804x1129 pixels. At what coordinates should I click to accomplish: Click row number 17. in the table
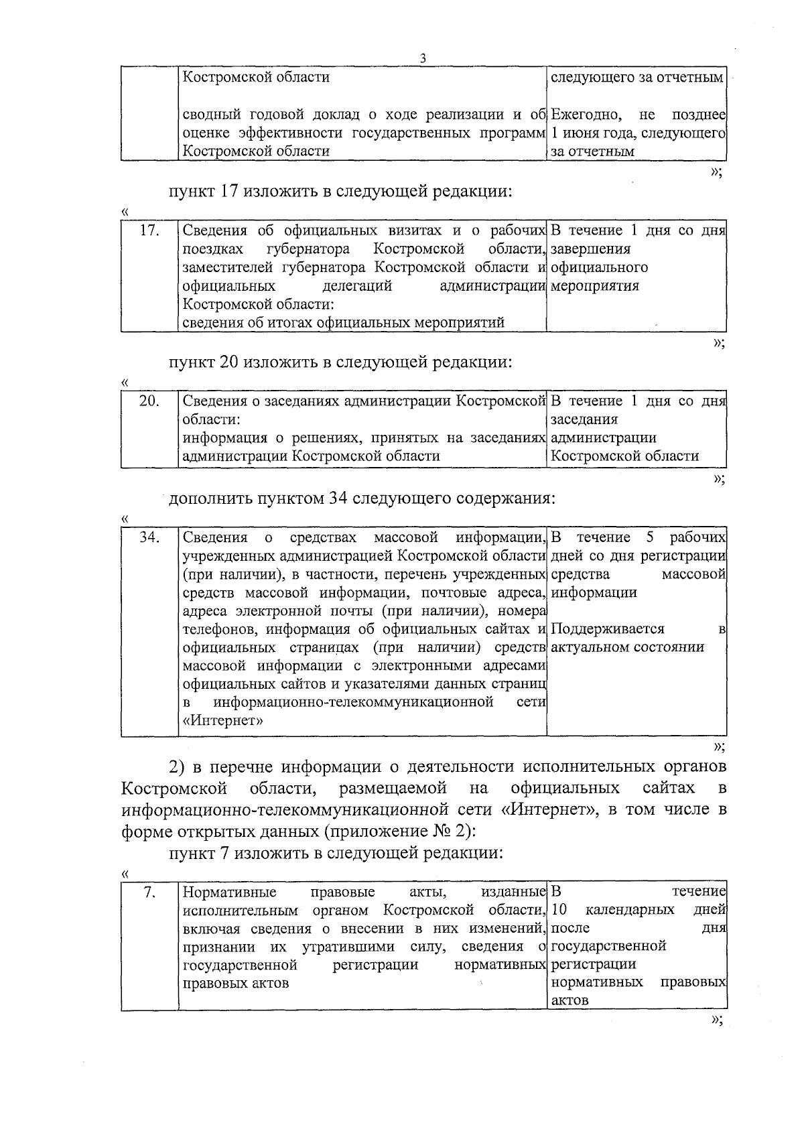tap(149, 231)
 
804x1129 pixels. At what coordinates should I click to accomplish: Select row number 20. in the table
tap(149, 401)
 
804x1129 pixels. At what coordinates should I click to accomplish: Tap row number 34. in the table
tap(149, 538)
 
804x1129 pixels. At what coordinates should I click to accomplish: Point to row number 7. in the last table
tap(150, 892)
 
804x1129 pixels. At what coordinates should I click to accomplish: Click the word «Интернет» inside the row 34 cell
tap(222, 721)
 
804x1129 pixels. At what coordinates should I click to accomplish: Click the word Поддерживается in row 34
tap(608, 629)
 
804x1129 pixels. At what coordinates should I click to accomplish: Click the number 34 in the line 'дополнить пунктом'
tap(338, 499)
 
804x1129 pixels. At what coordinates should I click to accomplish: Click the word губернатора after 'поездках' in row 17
tap(308, 250)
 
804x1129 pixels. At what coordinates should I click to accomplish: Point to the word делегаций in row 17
tap(357, 286)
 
